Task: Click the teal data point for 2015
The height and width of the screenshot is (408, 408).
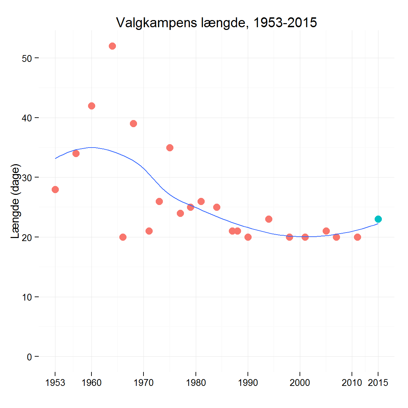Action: [378, 219]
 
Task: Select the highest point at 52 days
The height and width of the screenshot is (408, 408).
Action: [112, 46]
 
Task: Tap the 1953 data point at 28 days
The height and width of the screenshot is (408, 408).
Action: [55, 189]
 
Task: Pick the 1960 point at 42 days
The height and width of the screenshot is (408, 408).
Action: [91, 106]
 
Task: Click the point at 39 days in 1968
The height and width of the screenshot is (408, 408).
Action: [133, 123]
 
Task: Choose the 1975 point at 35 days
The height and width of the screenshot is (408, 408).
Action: [170, 148]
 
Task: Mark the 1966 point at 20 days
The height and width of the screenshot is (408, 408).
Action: [123, 237]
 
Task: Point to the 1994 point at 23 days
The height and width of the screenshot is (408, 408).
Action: [269, 219]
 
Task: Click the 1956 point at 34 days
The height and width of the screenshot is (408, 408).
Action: [76, 153]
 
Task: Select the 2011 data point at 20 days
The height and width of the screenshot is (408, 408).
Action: [357, 237]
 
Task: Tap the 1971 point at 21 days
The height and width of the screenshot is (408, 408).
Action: [149, 231]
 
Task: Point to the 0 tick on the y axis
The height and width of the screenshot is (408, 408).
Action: [29, 357]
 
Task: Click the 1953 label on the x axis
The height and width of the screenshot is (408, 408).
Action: [55, 383]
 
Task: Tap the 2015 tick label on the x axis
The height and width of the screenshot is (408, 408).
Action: [378, 383]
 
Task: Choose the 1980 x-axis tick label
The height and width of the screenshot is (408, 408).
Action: [196, 383]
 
